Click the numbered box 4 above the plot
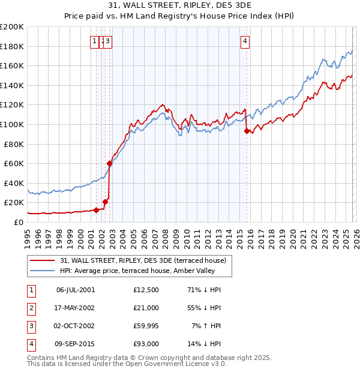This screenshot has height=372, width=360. click(245, 41)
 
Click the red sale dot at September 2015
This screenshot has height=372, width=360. click(247, 131)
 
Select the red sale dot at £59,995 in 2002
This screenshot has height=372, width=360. click(110, 163)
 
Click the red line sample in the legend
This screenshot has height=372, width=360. click(43, 260)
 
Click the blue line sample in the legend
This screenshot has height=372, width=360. click(43, 271)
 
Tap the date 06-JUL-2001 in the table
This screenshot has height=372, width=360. click(75, 290)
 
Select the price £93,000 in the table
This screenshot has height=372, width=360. click(146, 344)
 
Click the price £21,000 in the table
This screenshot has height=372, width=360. click(146, 308)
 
